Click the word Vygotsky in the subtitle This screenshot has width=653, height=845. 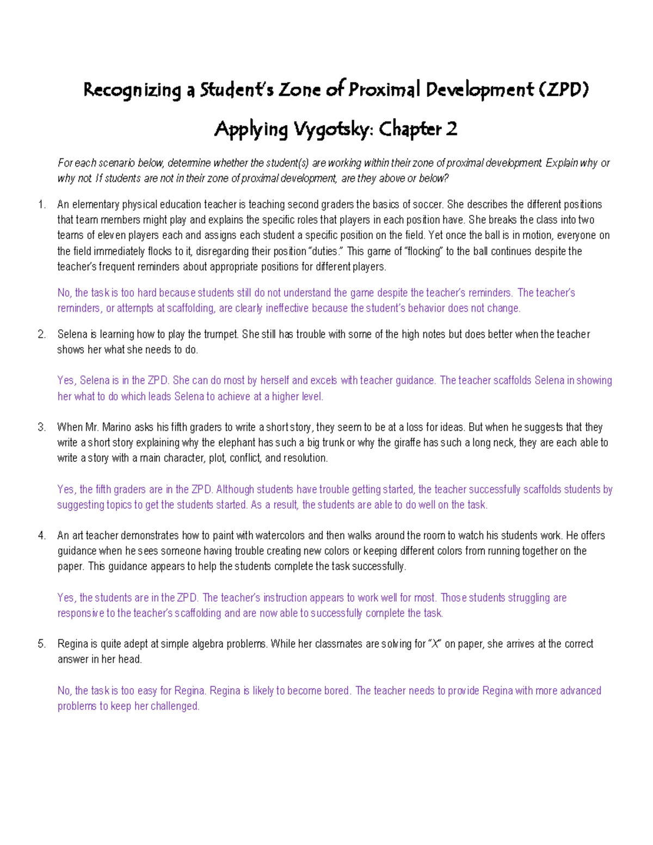click(x=331, y=129)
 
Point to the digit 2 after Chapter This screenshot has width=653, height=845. click(x=451, y=129)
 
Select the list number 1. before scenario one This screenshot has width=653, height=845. click(x=42, y=205)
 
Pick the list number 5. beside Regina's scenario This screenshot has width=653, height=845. click(x=42, y=644)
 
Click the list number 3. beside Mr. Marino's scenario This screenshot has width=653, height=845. click(x=42, y=427)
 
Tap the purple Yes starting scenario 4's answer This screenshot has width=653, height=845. click(x=66, y=597)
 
